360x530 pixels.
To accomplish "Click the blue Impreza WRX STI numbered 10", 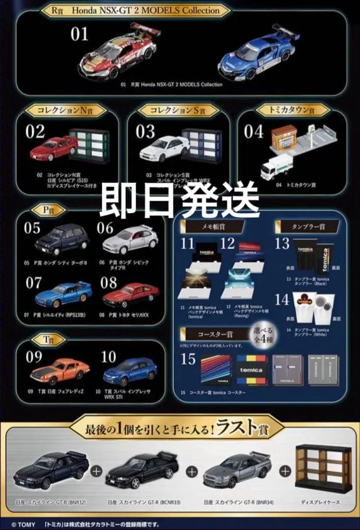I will click(130, 372).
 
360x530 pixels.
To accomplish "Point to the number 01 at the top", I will click(79, 34).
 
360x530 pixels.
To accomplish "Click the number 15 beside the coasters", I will click(188, 359).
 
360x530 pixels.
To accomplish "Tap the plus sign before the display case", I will click(284, 470).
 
